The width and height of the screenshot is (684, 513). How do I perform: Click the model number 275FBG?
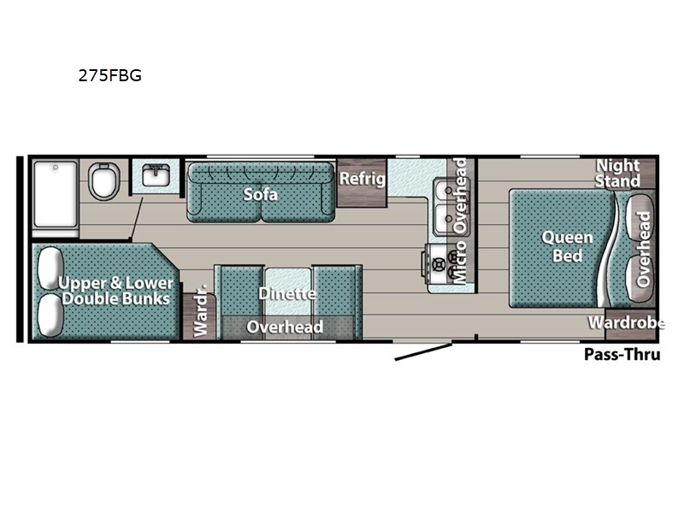click(x=110, y=75)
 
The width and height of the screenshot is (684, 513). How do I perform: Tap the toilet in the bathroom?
click(x=104, y=180)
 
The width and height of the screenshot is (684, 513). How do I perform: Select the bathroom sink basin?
click(x=156, y=175)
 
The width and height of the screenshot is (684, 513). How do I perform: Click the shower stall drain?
click(x=56, y=167)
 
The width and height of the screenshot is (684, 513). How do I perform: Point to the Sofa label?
click(x=261, y=194)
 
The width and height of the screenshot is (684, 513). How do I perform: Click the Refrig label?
click(x=363, y=178)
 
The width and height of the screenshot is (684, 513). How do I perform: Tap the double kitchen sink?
click(x=445, y=207)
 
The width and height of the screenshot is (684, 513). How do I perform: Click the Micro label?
click(x=460, y=263)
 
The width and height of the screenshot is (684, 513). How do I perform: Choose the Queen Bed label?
click(x=567, y=246)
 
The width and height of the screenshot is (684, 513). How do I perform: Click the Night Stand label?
click(x=617, y=174)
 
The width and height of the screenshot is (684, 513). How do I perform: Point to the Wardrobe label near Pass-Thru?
click(x=627, y=323)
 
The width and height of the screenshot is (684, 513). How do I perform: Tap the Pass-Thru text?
click(x=622, y=354)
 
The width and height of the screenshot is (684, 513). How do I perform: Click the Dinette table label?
click(x=287, y=293)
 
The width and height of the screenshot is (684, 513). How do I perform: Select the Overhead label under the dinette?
click(x=285, y=327)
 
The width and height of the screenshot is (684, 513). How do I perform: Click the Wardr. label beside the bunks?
click(x=201, y=310)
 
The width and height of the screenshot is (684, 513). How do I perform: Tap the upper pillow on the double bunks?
click(x=50, y=268)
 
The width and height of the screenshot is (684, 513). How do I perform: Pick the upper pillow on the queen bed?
click(x=640, y=216)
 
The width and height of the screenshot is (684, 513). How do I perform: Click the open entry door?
click(x=423, y=352)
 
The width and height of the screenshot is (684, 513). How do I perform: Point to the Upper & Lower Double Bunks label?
click(x=115, y=291)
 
